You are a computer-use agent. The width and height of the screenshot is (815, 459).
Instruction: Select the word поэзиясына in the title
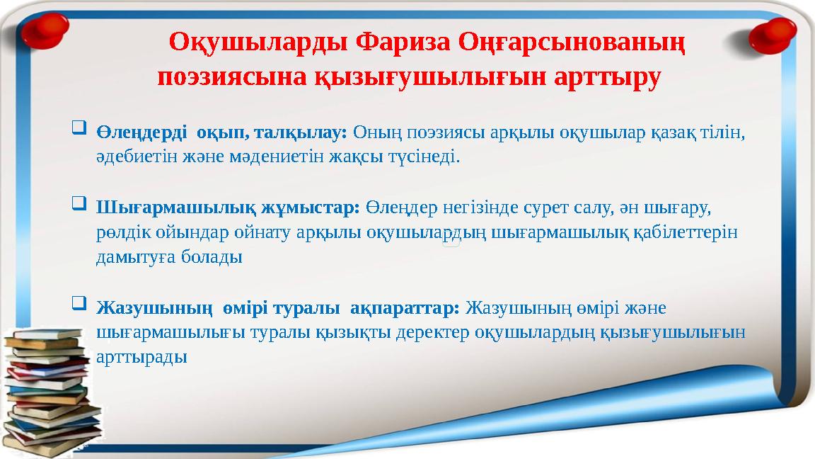(x=229, y=76)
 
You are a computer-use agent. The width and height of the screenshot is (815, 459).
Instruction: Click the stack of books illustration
(x=50, y=397)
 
